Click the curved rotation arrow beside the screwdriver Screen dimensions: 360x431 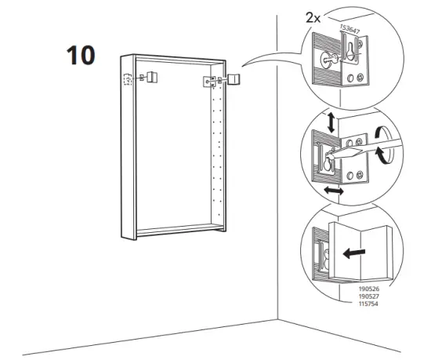click(x=382, y=146)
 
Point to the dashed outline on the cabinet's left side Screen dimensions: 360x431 click(x=126, y=79)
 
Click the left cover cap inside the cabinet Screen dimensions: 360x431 click(x=150, y=78)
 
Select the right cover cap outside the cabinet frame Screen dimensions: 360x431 click(x=234, y=79)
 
